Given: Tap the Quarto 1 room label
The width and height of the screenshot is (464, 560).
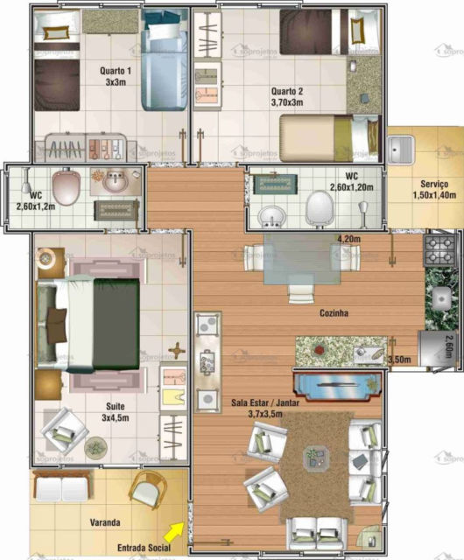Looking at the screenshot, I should [x=116, y=77].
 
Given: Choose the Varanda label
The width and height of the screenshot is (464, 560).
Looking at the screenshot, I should [x=105, y=522].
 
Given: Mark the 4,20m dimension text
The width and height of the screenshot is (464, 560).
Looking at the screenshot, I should [x=349, y=239].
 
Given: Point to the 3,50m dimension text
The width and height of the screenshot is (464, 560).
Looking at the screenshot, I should [x=400, y=359].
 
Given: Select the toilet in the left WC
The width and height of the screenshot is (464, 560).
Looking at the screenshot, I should [x=67, y=186].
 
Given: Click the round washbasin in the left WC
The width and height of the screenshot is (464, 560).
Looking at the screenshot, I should [x=115, y=183].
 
